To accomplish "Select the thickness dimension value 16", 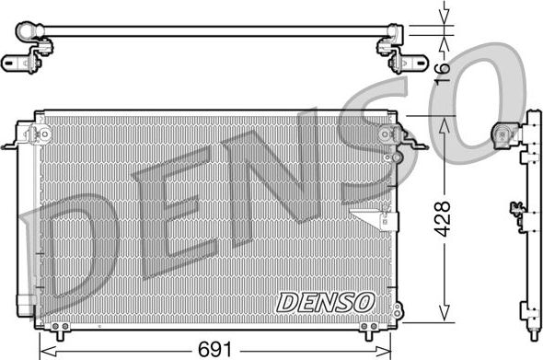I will coord(443,67).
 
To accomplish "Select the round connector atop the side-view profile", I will coord(504,134).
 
